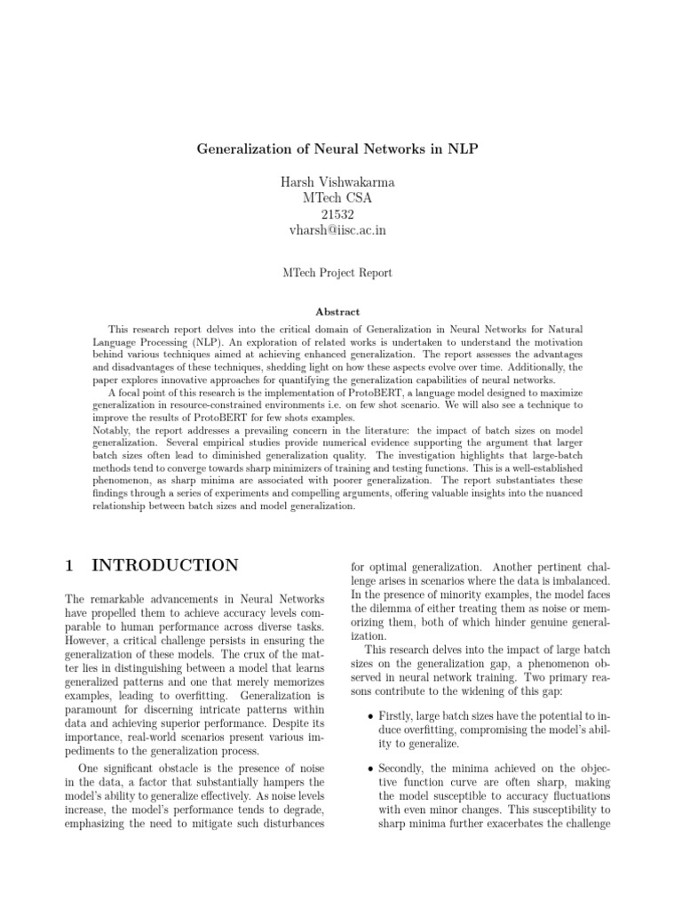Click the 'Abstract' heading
click(x=337, y=312)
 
